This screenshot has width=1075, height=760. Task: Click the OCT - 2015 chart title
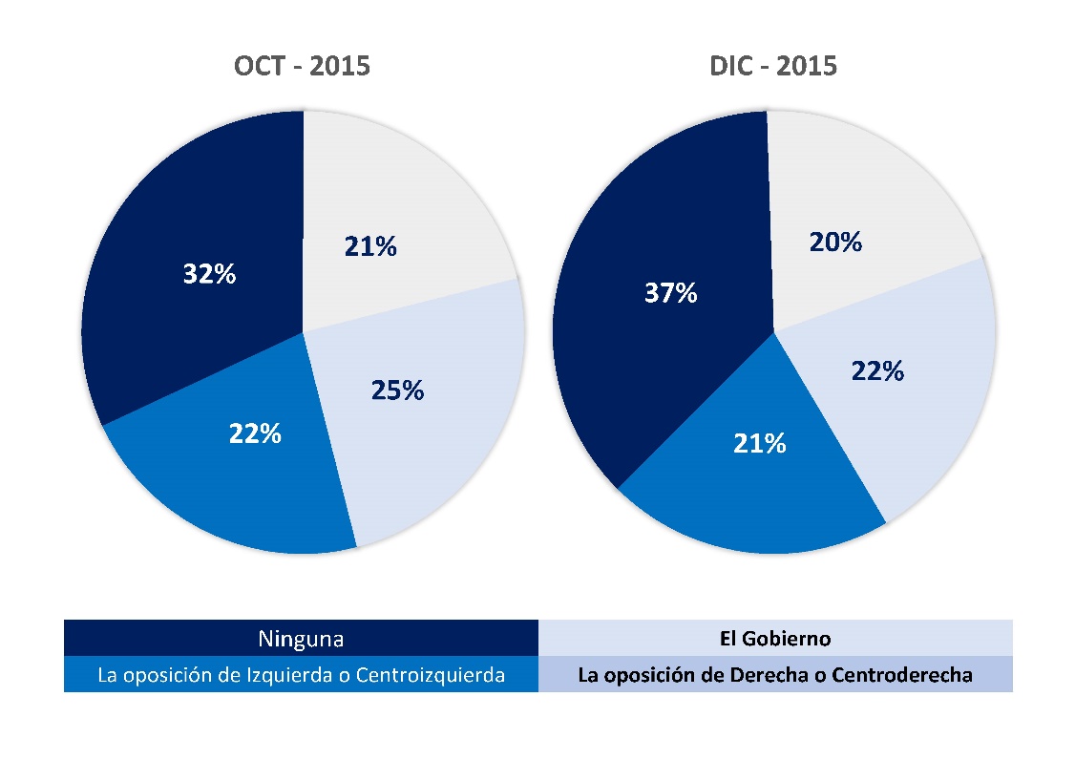(x=302, y=66)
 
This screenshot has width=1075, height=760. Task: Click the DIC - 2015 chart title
(x=773, y=66)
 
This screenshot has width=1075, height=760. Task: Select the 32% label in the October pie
(x=209, y=274)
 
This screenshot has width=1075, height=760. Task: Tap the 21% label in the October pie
(x=370, y=246)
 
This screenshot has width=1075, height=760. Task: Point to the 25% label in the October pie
(x=398, y=390)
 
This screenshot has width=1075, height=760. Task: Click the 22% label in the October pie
(x=255, y=433)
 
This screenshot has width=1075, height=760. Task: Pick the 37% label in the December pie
(x=671, y=293)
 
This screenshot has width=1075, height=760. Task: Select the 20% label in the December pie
(x=836, y=243)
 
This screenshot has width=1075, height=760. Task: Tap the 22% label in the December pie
(x=877, y=370)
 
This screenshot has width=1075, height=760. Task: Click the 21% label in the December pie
(x=761, y=443)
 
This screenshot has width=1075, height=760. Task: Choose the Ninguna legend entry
(x=301, y=638)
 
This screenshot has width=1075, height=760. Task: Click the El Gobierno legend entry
(x=775, y=638)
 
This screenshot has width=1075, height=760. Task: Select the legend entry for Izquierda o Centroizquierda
(x=301, y=675)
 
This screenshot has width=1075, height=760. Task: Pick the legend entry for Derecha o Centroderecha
(x=775, y=675)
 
